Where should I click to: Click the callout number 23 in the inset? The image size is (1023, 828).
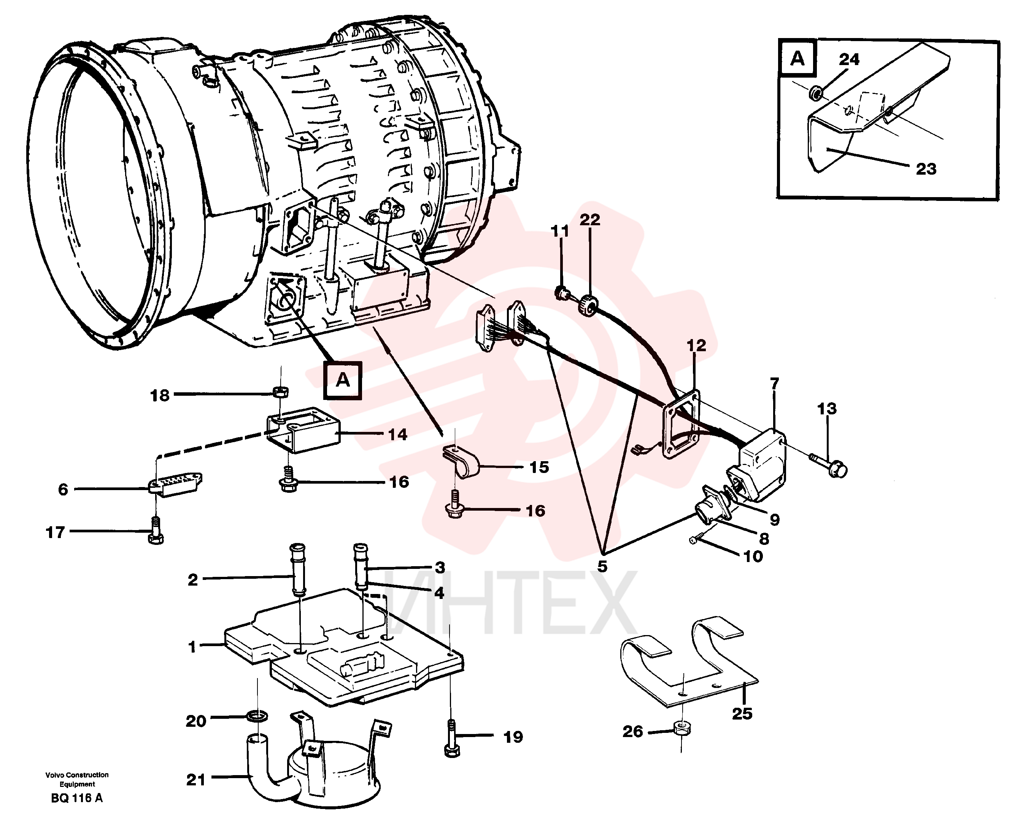point(926,169)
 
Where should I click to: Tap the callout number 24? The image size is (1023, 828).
point(849,60)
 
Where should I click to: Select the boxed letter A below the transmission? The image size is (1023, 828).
point(343,380)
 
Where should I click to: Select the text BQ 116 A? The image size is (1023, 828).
point(77,798)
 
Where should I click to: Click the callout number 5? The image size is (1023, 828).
point(602,567)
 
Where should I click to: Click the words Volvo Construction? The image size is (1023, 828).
point(77,775)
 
